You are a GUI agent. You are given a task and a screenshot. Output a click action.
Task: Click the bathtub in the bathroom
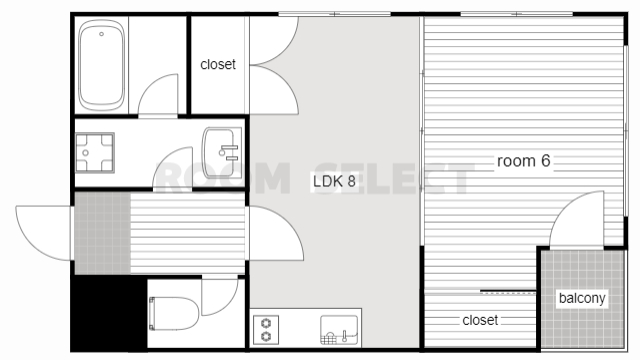click(102, 65)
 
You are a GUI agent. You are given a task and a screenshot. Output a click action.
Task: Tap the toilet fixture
click(174, 313)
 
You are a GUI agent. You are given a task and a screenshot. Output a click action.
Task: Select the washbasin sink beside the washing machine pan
click(222, 153)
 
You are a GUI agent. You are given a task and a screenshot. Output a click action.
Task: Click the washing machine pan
click(95, 153)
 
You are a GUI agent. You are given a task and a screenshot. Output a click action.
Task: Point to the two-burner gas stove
click(266, 329)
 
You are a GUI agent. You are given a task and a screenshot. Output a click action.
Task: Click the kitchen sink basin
click(339, 330)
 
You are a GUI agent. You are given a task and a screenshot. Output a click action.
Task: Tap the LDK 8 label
click(334, 181)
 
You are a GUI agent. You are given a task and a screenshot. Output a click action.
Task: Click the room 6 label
click(524, 161)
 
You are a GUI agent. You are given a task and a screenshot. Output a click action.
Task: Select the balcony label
click(582, 298)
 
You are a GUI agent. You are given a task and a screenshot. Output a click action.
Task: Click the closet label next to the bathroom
click(218, 64)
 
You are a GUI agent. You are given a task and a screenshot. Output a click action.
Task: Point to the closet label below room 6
click(480, 320)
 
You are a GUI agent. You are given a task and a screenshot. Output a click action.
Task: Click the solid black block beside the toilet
click(109, 312)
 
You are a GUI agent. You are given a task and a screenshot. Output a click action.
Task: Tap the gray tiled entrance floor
click(102, 233)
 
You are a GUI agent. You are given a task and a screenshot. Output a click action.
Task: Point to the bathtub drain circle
click(101, 34)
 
